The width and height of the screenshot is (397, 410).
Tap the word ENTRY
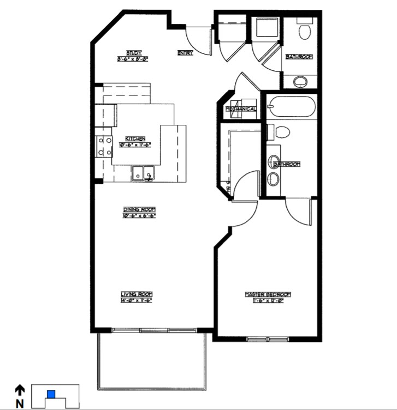(185, 53)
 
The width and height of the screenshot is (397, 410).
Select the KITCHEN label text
(135, 138)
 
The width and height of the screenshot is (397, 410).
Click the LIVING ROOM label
(135, 294)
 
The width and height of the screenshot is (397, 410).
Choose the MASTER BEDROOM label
(268, 294)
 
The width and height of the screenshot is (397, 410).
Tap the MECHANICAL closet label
(241, 109)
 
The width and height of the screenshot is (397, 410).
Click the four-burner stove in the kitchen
(102, 146)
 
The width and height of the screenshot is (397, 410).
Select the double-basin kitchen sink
(143, 174)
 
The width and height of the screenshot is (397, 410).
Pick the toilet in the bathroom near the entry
(304, 29)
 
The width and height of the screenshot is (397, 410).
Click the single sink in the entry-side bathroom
(300, 82)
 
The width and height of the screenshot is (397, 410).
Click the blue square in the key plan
(51, 394)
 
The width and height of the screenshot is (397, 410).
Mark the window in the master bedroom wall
(267, 339)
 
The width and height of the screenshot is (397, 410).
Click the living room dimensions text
(135, 300)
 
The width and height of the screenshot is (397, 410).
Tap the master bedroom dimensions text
(268, 300)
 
